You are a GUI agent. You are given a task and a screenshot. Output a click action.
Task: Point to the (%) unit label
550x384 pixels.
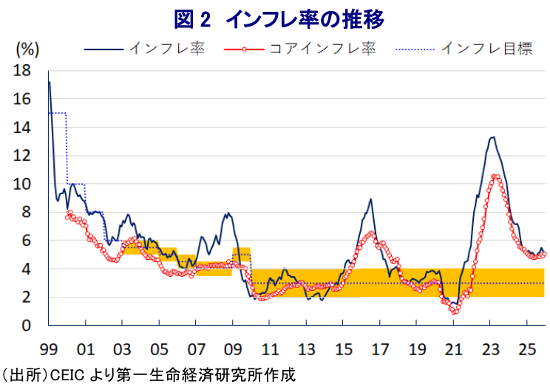tap(27, 49)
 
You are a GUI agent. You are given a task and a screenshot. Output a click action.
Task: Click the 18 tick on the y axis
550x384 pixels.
tap(22, 71)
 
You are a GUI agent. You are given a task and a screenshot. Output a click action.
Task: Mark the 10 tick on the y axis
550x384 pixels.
tap(22, 184)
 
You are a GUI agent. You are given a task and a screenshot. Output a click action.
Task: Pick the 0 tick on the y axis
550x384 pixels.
tap(27, 326)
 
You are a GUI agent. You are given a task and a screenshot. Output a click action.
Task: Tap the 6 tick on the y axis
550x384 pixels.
tap(27, 241)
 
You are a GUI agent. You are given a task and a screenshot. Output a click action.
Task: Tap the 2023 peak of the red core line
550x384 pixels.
tap(495, 176)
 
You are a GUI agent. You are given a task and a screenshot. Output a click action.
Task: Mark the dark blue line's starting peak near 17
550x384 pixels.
tap(50, 82)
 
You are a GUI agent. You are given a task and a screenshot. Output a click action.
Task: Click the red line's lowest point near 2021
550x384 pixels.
tap(455, 312)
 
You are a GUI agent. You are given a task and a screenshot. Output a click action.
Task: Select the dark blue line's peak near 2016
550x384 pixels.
tap(370, 199)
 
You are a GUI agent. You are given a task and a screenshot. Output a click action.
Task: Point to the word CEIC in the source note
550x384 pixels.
tap(65, 374)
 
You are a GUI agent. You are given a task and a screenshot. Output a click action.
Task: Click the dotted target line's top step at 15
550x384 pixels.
tap(58, 113)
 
